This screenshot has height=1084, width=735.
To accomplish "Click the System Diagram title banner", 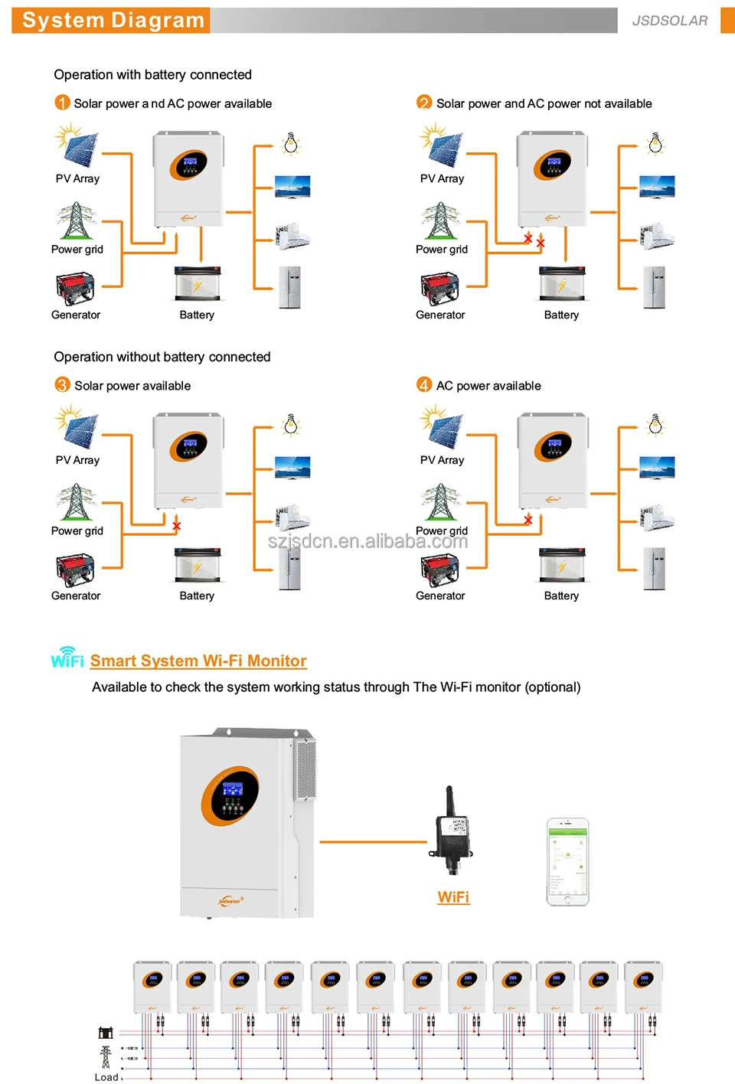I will [x=113, y=21].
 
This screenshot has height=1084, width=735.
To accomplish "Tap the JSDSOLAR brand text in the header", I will [x=669, y=21].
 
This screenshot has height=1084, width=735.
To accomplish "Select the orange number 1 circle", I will [x=63, y=103].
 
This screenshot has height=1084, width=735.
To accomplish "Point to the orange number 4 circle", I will [x=424, y=385].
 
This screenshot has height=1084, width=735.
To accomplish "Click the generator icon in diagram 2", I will [x=439, y=289].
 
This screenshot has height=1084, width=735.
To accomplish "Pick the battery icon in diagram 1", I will [x=198, y=283].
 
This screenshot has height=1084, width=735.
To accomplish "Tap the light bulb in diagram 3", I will [x=291, y=425].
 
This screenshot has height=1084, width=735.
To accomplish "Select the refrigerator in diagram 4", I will [x=655, y=569].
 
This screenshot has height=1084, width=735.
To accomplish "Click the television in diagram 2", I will [x=657, y=187].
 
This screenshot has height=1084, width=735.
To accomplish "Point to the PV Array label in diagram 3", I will [x=77, y=460].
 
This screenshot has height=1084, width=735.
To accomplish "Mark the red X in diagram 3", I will [x=177, y=526].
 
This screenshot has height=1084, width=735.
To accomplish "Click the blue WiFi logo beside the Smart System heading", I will [x=67, y=658].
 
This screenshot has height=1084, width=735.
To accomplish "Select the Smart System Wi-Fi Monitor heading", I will [x=198, y=661].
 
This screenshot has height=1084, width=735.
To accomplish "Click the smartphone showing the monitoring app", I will [x=567, y=862].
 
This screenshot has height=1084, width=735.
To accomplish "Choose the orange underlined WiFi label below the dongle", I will [x=453, y=897].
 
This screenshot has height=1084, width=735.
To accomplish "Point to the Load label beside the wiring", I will [x=106, y=1077].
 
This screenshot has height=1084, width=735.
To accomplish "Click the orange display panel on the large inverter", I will [x=230, y=796].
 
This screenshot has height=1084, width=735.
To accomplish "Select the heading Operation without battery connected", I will [x=162, y=357].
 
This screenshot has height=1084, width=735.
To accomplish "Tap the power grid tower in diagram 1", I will [x=75, y=221].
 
